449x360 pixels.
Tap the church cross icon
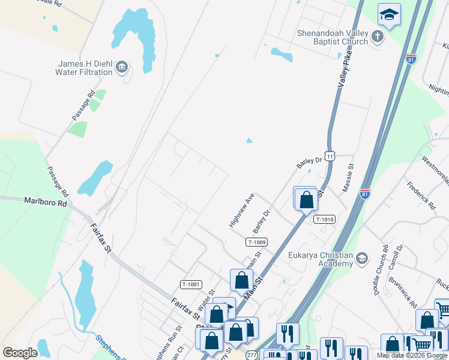coord(378,37)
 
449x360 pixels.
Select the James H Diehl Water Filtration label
coord(85,68)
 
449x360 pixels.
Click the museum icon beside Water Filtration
coord(122,67)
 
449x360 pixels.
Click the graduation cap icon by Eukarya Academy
coord(361,259)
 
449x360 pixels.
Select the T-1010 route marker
coord(323,220)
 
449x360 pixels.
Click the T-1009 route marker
coord(256,242)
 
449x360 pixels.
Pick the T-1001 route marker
coord(191,284)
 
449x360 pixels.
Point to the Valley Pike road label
coord(344,71)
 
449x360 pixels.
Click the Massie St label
coord(348,178)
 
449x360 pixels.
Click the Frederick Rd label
coord(420,195)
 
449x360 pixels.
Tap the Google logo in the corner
coord(20,353)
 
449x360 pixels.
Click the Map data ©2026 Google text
coord(412,356)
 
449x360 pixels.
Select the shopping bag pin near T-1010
coord(306,200)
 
